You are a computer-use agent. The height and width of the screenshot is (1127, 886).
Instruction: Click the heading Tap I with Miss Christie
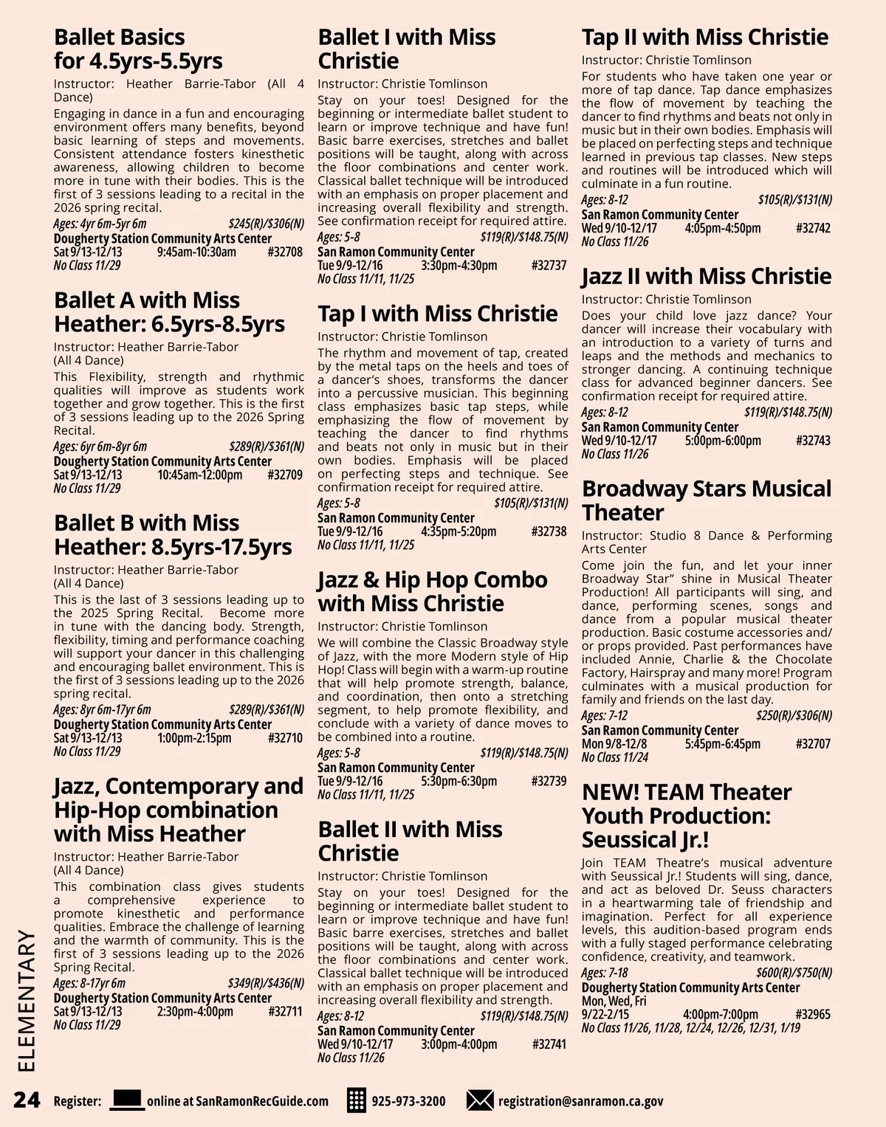pyautogui.click(x=438, y=314)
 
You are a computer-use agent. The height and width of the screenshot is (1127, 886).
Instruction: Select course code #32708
pyautogui.click(x=285, y=252)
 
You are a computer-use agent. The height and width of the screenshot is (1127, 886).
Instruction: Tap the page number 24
pyautogui.click(x=27, y=1100)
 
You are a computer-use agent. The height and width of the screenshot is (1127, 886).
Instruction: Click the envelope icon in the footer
pyautogui.click(x=480, y=1100)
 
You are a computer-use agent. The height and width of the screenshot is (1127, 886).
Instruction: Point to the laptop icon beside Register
pyautogui.click(x=127, y=1100)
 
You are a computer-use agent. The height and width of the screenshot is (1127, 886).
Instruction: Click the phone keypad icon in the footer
pyautogui.click(x=357, y=1100)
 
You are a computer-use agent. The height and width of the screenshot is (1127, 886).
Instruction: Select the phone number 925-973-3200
pyautogui.click(x=408, y=1101)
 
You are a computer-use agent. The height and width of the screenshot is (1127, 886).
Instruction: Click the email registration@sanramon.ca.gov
pyautogui.click(x=580, y=1101)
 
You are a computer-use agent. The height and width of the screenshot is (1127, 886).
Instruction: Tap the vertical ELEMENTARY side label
pyautogui.click(x=27, y=1000)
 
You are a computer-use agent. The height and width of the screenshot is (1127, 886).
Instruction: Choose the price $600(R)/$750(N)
pyautogui.click(x=794, y=973)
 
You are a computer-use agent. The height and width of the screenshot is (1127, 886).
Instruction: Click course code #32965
pyautogui.click(x=813, y=1015)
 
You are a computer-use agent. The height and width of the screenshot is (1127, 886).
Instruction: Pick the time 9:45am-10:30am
pyautogui.click(x=196, y=252)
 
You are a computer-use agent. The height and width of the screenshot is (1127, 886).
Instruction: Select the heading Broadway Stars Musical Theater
pyautogui.click(x=707, y=500)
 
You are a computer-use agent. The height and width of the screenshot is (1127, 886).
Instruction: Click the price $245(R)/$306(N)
pyautogui.click(x=266, y=224)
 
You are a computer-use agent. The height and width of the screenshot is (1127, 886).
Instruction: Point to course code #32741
pyautogui.click(x=549, y=1044)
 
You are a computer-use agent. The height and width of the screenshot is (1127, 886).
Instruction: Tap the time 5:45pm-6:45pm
pyautogui.click(x=722, y=744)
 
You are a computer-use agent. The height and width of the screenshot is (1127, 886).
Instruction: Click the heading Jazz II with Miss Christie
pyautogui.click(x=707, y=276)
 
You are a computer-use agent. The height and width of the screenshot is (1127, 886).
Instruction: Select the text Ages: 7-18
pyautogui.click(x=605, y=973)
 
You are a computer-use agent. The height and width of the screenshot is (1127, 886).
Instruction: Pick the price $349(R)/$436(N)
pyautogui.click(x=266, y=983)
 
